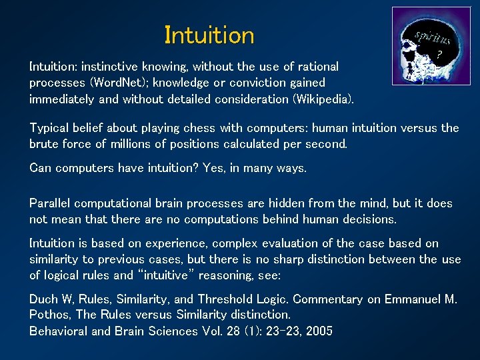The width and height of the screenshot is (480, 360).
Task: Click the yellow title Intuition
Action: [209, 35]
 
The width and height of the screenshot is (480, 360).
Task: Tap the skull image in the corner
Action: [421, 46]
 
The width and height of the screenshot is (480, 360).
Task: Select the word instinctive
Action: [110, 67]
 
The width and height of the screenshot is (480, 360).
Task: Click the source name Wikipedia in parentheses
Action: [320, 99]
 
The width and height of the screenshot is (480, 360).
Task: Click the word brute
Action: [44, 143]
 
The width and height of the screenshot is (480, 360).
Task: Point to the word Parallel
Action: [50, 203]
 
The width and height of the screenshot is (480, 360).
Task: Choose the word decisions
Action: [364, 219]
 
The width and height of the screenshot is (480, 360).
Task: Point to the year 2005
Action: [317, 331]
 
